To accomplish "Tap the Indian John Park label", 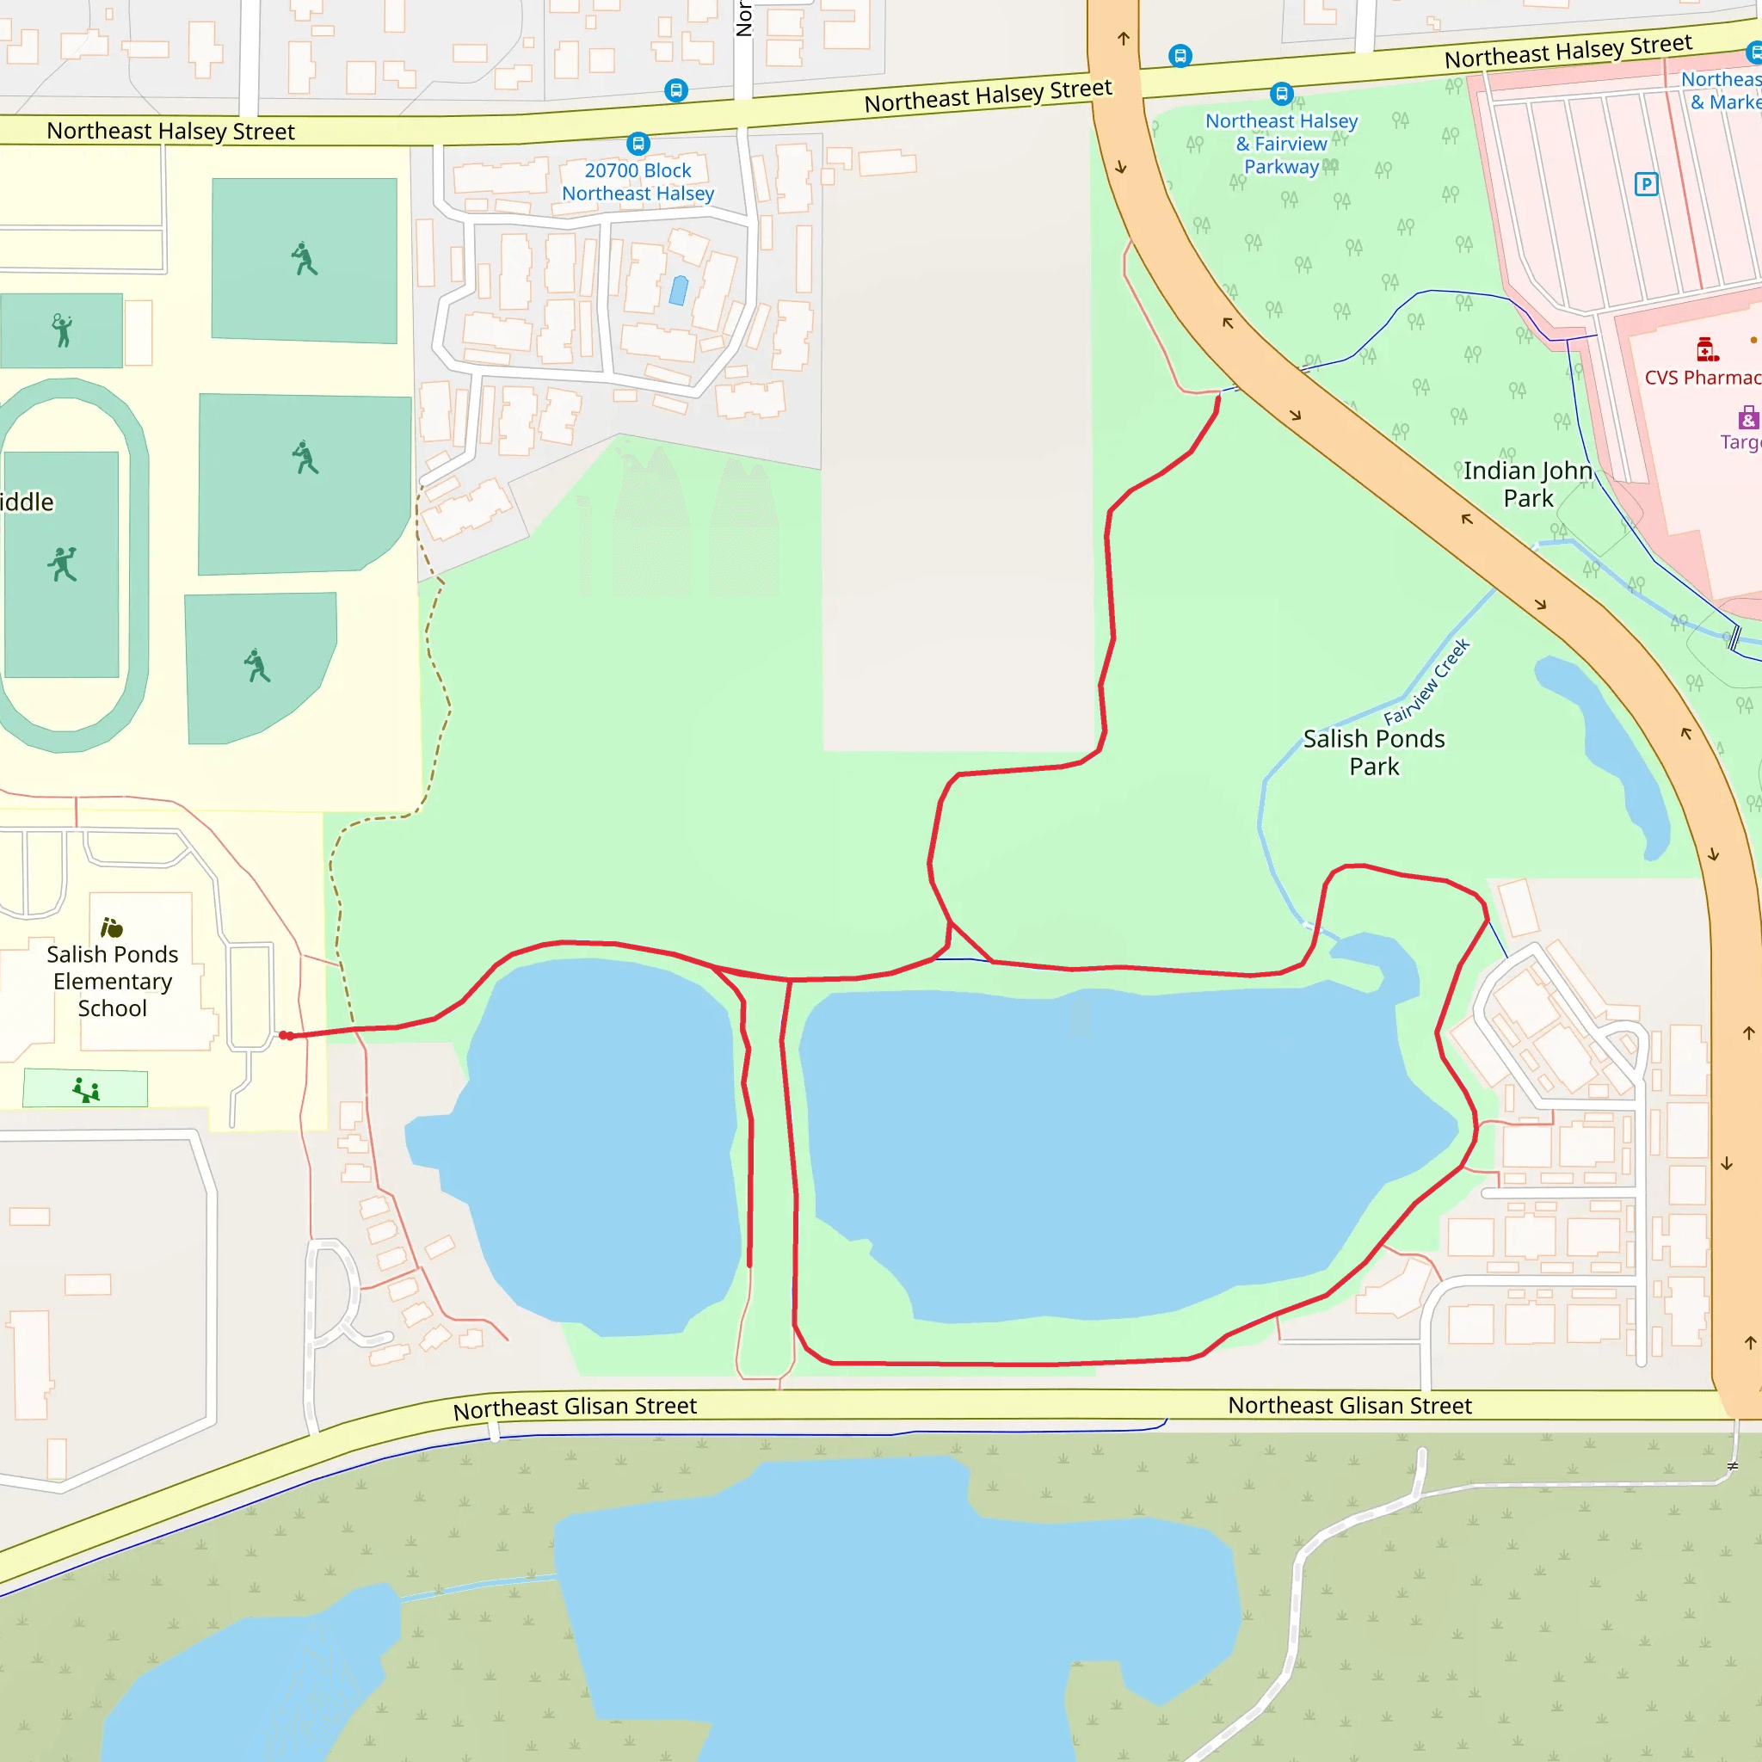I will (1528, 484).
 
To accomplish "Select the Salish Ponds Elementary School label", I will (112, 981).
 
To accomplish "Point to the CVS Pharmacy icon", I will (1706, 349).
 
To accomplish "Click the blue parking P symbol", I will (1645, 184).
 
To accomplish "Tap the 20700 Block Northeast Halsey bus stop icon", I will (638, 143).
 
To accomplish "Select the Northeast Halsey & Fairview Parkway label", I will (1280, 144).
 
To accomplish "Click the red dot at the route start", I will (286, 1035).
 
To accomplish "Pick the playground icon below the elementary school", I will (86, 1089).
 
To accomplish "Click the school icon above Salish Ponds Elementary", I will (111, 927).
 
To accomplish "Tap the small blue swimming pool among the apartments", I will (679, 290).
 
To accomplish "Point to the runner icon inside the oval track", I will (62, 564).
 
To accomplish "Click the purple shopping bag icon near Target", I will (1747, 419).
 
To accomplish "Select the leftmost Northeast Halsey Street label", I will (170, 132).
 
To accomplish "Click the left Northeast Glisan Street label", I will (575, 1408).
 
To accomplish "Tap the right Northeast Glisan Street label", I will (1349, 1406).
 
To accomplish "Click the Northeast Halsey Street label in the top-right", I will (1568, 51).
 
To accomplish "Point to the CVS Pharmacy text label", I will (1702, 378).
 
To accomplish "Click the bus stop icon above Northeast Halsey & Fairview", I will (1281, 93).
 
